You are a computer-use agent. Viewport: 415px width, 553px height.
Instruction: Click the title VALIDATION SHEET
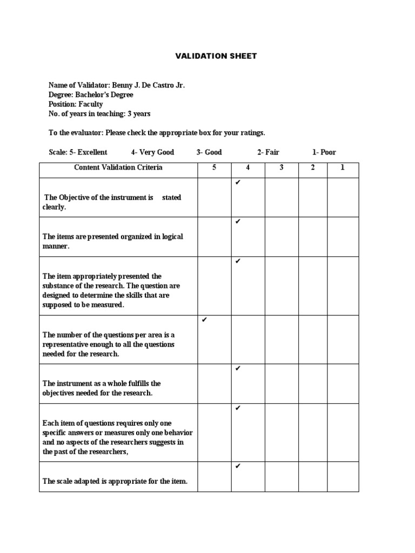(x=207, y=56)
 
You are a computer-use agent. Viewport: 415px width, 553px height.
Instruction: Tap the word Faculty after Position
(x=90, y=104)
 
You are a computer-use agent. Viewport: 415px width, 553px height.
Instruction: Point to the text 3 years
(x=138, y=114)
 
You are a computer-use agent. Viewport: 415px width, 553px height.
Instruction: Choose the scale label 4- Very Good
(x=152, y=152)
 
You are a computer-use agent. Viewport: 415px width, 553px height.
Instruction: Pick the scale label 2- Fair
(x=268, y=152)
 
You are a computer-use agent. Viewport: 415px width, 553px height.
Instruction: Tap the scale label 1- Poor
(x=324, y=152)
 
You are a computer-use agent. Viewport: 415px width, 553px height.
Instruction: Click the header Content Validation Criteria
(x=118, y=167)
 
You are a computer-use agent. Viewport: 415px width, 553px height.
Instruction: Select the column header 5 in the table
(x=215, y=167)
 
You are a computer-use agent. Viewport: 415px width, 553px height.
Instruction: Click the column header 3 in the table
(x=282, y=167)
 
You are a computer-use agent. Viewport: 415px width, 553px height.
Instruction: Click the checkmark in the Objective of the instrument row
(x=238, y=183)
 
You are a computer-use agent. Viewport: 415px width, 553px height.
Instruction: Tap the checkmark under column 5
(x=204, y=320)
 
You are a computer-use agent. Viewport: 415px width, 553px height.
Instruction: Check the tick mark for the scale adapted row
(x=238, y=466)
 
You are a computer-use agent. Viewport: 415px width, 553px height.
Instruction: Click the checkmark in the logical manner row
(x=238, y=221)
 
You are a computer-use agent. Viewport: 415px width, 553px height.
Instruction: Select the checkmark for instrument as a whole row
(x=238, y=368)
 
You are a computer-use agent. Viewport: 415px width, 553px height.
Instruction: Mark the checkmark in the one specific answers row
(x=238, y=408)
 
